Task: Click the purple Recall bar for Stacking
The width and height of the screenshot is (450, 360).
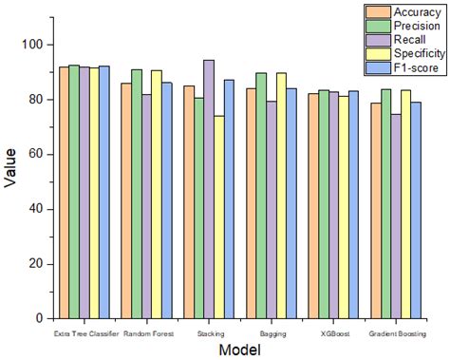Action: click(208, 189)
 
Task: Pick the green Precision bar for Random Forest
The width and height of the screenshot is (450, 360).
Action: click(137, 194)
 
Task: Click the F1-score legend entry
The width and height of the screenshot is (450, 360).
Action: click(403, 70)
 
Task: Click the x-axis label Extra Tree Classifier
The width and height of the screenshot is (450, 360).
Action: click(87, 334)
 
